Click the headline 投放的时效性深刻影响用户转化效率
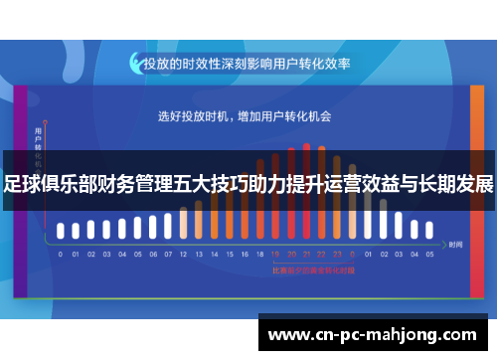point(247,63)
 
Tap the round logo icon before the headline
point(134,63)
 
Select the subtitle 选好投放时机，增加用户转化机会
point(245,116)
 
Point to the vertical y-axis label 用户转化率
point(38,144)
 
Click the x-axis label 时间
point(456,244)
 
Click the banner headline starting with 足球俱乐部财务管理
point(248,185)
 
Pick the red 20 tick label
point(291,254)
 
